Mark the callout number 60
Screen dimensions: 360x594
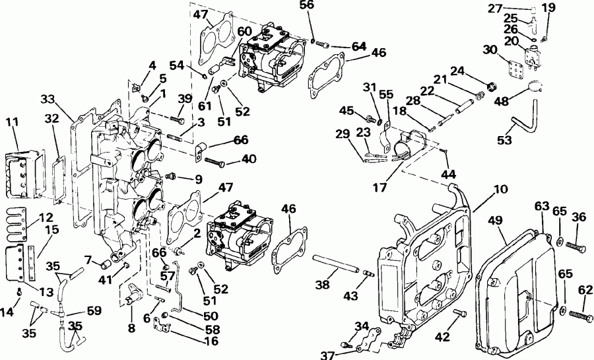point(226,31)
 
